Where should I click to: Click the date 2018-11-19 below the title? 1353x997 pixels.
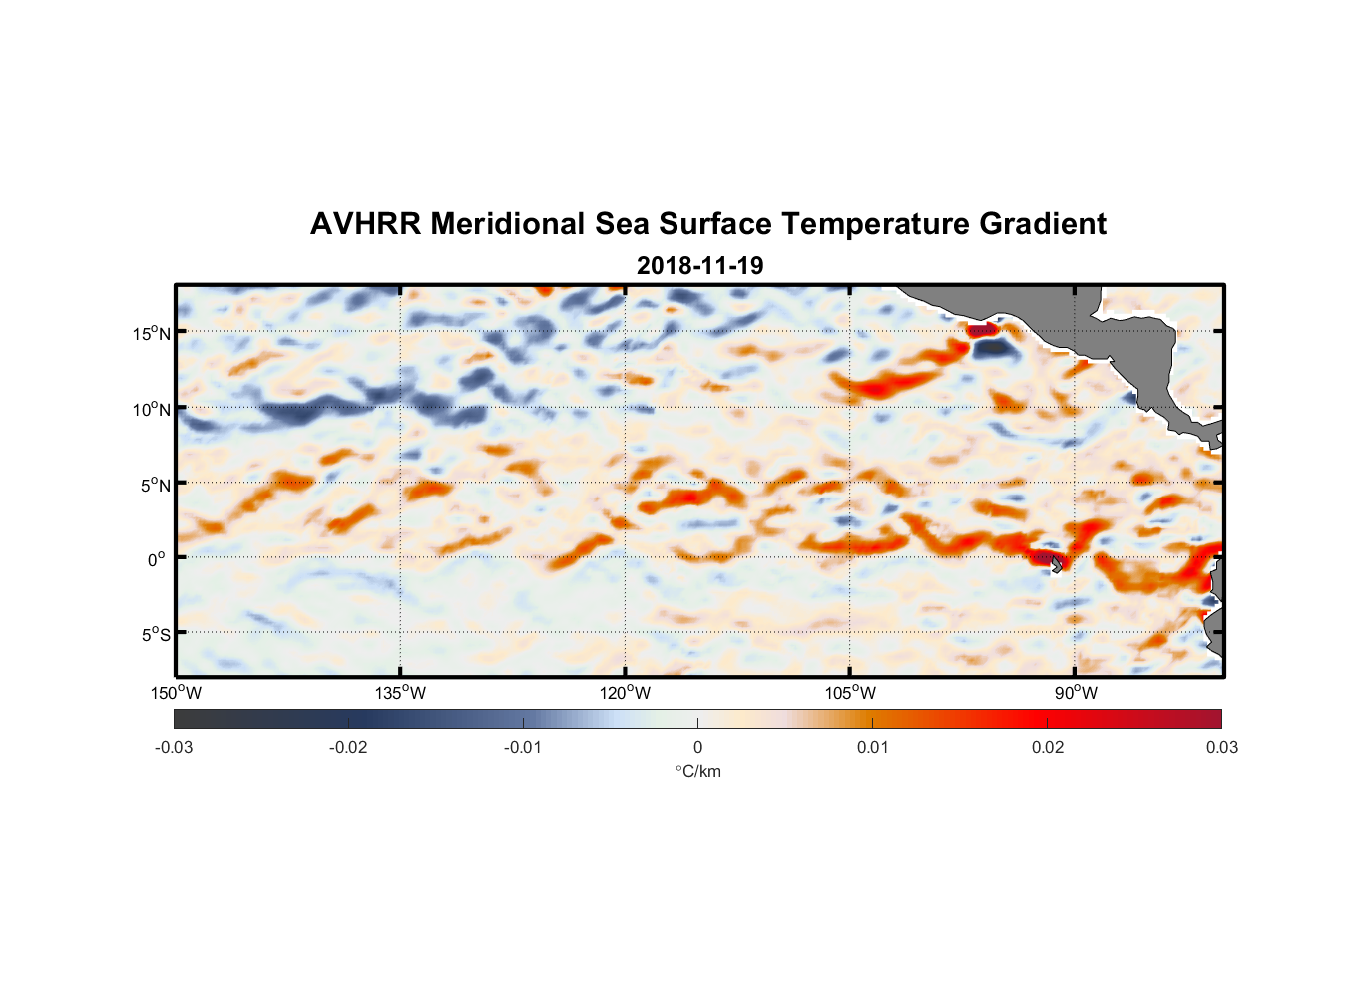coord(699,266)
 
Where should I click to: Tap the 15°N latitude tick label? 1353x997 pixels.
coord(152,333)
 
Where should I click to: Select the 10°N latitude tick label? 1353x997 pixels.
coord(152,409)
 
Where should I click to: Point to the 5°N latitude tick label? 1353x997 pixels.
coord(155,485)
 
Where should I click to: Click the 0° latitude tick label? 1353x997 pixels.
coord(157,560)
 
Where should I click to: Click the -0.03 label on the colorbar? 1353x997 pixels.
coord(174,748)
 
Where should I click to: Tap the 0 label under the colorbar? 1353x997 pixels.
coord(697,748)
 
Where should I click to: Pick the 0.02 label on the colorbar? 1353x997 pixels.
coord(1048,748)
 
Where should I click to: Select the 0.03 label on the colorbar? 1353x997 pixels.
coord(1221,748)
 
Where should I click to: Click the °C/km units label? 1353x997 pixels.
coord(697,772)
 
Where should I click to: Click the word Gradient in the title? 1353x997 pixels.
coord(1043,224)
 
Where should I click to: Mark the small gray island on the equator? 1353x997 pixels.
coord(1056,564)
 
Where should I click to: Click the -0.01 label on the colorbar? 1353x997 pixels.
coord(523,748)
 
